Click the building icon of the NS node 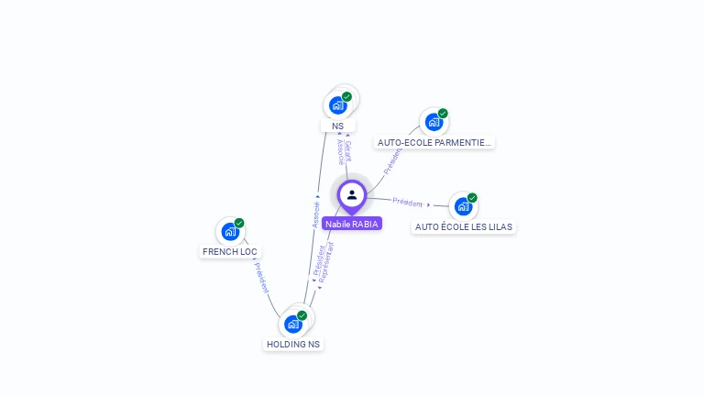[x=337, y=105]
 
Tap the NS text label [x=338, y=126]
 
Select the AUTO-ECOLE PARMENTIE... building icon [x=434, y=122]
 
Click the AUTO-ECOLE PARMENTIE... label [x=434, y=142]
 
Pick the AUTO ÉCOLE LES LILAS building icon [x=463, y=206]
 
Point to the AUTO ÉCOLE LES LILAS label [x=464, y=226]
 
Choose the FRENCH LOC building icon [x=230, y=232]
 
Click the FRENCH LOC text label [x=230, y=251]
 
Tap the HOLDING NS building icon [x=293, y=324]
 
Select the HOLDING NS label [x=293, y=344]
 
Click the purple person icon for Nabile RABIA [x=352, y=194]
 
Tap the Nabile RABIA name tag [x=352, y=224]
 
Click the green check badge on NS [x=346, y=96]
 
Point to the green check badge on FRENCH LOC [x=239, y=223]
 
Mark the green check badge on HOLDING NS [x=302, y=315]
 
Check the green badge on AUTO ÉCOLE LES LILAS [x=472, y=197]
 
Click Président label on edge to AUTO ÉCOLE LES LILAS [x=408, y=202]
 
